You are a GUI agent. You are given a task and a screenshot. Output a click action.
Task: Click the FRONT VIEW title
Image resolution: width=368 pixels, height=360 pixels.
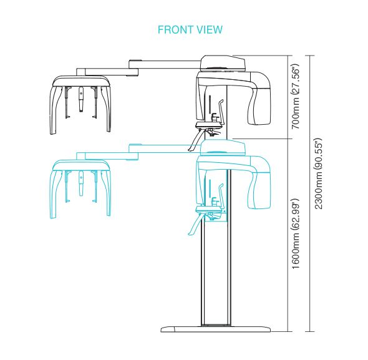click(190, 30)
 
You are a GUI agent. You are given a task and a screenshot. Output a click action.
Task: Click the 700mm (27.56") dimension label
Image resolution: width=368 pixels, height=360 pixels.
click(296, 96)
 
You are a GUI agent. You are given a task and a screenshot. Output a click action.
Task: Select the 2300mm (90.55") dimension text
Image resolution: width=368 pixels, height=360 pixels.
click(319, 173)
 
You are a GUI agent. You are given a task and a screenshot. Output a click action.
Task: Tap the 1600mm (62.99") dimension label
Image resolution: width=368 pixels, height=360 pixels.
click(296, 234)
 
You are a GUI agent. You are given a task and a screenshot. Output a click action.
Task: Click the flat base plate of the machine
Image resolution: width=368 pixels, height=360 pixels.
click(215, 329)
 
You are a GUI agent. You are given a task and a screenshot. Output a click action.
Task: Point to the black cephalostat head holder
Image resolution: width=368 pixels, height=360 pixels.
click(81, 104)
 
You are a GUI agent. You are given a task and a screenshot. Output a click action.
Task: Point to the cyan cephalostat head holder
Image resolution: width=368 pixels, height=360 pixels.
click(80, 189)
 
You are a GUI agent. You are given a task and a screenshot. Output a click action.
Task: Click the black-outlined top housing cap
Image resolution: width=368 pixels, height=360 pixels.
click(223, 63)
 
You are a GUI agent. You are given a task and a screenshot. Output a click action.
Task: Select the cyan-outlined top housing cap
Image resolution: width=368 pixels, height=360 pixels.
click(223, 147)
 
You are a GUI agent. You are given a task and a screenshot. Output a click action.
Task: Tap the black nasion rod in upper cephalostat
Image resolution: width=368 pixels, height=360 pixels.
click(81, 99)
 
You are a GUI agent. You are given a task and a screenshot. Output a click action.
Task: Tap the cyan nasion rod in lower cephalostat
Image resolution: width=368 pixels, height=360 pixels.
click(81, 183)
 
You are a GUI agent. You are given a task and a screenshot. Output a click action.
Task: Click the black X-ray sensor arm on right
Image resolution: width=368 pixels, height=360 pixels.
click(259, 99)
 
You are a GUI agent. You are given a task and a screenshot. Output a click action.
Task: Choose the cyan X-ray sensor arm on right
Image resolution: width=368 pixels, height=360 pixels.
click(259, 183)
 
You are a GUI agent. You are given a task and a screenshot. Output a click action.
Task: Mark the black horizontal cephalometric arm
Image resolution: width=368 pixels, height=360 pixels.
click(138, 68)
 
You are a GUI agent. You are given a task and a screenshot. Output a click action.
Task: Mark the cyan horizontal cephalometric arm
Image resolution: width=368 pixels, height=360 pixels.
click(138, 152)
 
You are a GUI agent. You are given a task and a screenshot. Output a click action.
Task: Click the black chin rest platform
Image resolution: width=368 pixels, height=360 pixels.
click(209, 125)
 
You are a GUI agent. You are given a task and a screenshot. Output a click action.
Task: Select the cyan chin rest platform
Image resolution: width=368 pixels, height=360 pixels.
click(209, 208)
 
